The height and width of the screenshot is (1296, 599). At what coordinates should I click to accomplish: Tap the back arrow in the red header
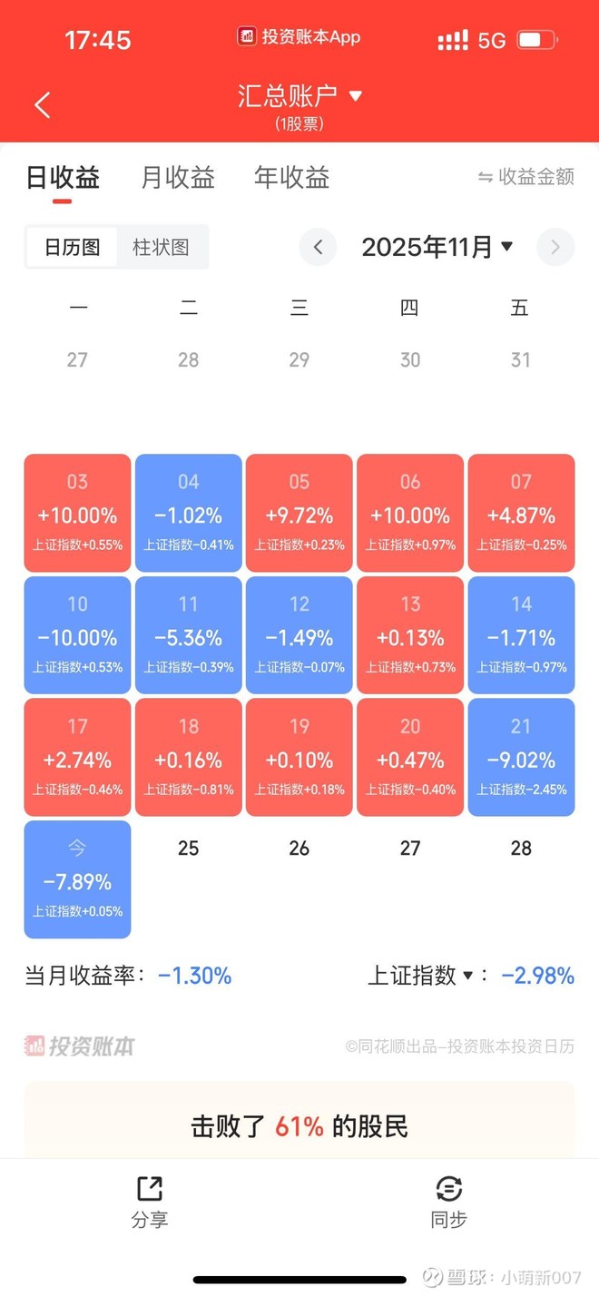coord(43,104)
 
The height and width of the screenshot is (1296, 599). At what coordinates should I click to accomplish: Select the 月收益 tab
coord(178,177)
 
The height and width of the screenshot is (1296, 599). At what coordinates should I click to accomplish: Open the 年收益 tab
coord(291,177)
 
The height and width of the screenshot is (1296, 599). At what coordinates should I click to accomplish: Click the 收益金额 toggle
coord(526,177)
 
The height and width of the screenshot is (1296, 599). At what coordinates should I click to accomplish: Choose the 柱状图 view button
coord(161,247)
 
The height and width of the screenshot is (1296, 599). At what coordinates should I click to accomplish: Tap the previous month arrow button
coord(318,247)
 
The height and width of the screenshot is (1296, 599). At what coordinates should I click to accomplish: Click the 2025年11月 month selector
coord(437,247)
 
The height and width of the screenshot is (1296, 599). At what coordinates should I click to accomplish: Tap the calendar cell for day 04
coord(188,513)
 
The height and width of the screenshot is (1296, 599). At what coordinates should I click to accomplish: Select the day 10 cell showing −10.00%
coord(77,635)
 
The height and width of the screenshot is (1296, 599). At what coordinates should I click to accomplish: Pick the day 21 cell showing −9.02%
coord(521,758)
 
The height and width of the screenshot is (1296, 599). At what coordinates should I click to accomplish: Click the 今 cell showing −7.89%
coord(77,879)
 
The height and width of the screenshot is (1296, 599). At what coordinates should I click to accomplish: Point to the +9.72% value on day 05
coord(299,515)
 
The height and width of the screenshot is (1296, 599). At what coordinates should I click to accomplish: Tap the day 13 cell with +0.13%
coord(410,635)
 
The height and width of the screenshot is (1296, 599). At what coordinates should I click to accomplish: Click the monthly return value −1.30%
coord(194,976)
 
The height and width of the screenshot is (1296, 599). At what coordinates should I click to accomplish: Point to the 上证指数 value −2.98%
coord(537,976)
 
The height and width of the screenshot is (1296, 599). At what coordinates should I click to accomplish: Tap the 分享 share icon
coord(150,1189)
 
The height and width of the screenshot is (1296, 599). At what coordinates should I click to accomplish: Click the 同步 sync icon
coord(449,1189)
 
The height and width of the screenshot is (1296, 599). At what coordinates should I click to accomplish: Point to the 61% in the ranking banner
coord(299,1126)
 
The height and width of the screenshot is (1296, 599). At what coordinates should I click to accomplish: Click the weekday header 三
coord(299,309)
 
